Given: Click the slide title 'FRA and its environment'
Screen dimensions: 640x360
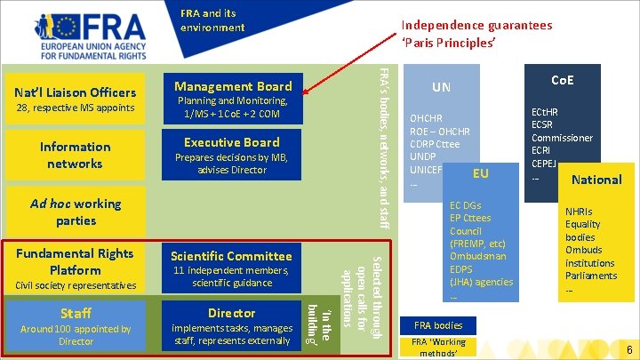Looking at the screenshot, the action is coord(212,20).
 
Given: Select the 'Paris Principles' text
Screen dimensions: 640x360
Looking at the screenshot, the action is coord(448,43).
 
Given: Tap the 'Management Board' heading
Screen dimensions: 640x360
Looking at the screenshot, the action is coord(233,86).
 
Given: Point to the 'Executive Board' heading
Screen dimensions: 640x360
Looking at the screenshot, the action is coord(232,142).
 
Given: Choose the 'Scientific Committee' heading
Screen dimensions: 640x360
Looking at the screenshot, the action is coord(232,256).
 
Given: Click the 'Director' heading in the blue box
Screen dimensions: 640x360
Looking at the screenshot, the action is coord(232,313).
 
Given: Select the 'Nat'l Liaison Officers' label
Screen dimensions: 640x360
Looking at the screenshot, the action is coord(76,92).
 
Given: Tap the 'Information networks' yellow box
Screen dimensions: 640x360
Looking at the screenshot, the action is coord(76,155).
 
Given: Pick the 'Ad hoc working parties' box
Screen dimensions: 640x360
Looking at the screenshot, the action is coord(76,212).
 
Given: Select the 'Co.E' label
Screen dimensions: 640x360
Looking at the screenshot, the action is coord(563,80).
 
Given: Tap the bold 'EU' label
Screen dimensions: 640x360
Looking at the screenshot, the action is coord(481,172).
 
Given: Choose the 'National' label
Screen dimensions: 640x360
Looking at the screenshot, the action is coord(596,180).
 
